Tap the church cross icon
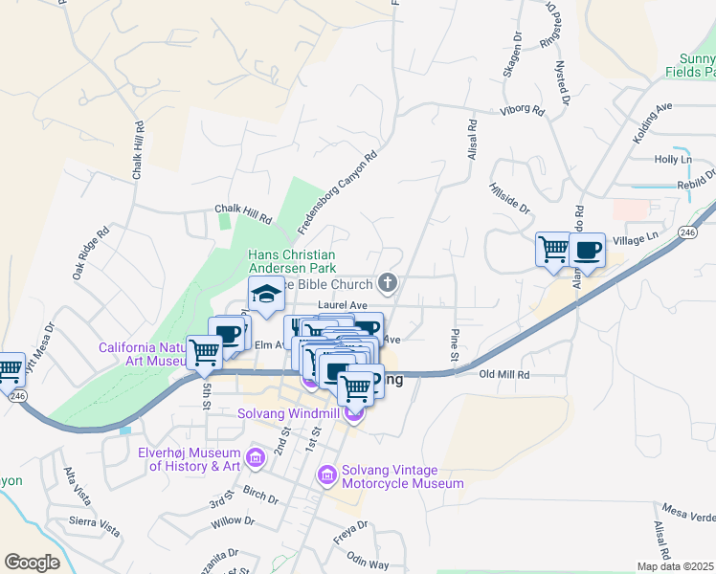388,282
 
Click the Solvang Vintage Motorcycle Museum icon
326,474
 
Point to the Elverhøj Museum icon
255,456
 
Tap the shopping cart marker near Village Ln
553,250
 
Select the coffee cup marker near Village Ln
587,251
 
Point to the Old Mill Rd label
504,375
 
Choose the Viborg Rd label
523,112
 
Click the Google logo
32,563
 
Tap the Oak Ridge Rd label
92,254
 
